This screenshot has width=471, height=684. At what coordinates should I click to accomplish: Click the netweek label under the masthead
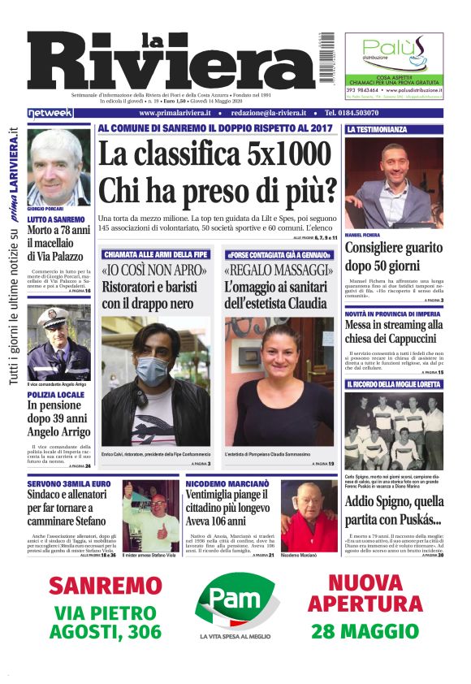(50, 113)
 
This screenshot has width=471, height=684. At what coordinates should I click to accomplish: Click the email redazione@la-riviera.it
(266, 113)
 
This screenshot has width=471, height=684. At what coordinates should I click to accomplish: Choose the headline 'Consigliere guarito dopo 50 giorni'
(393, 258)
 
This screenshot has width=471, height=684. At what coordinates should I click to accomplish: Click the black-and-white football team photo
(393, 429)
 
